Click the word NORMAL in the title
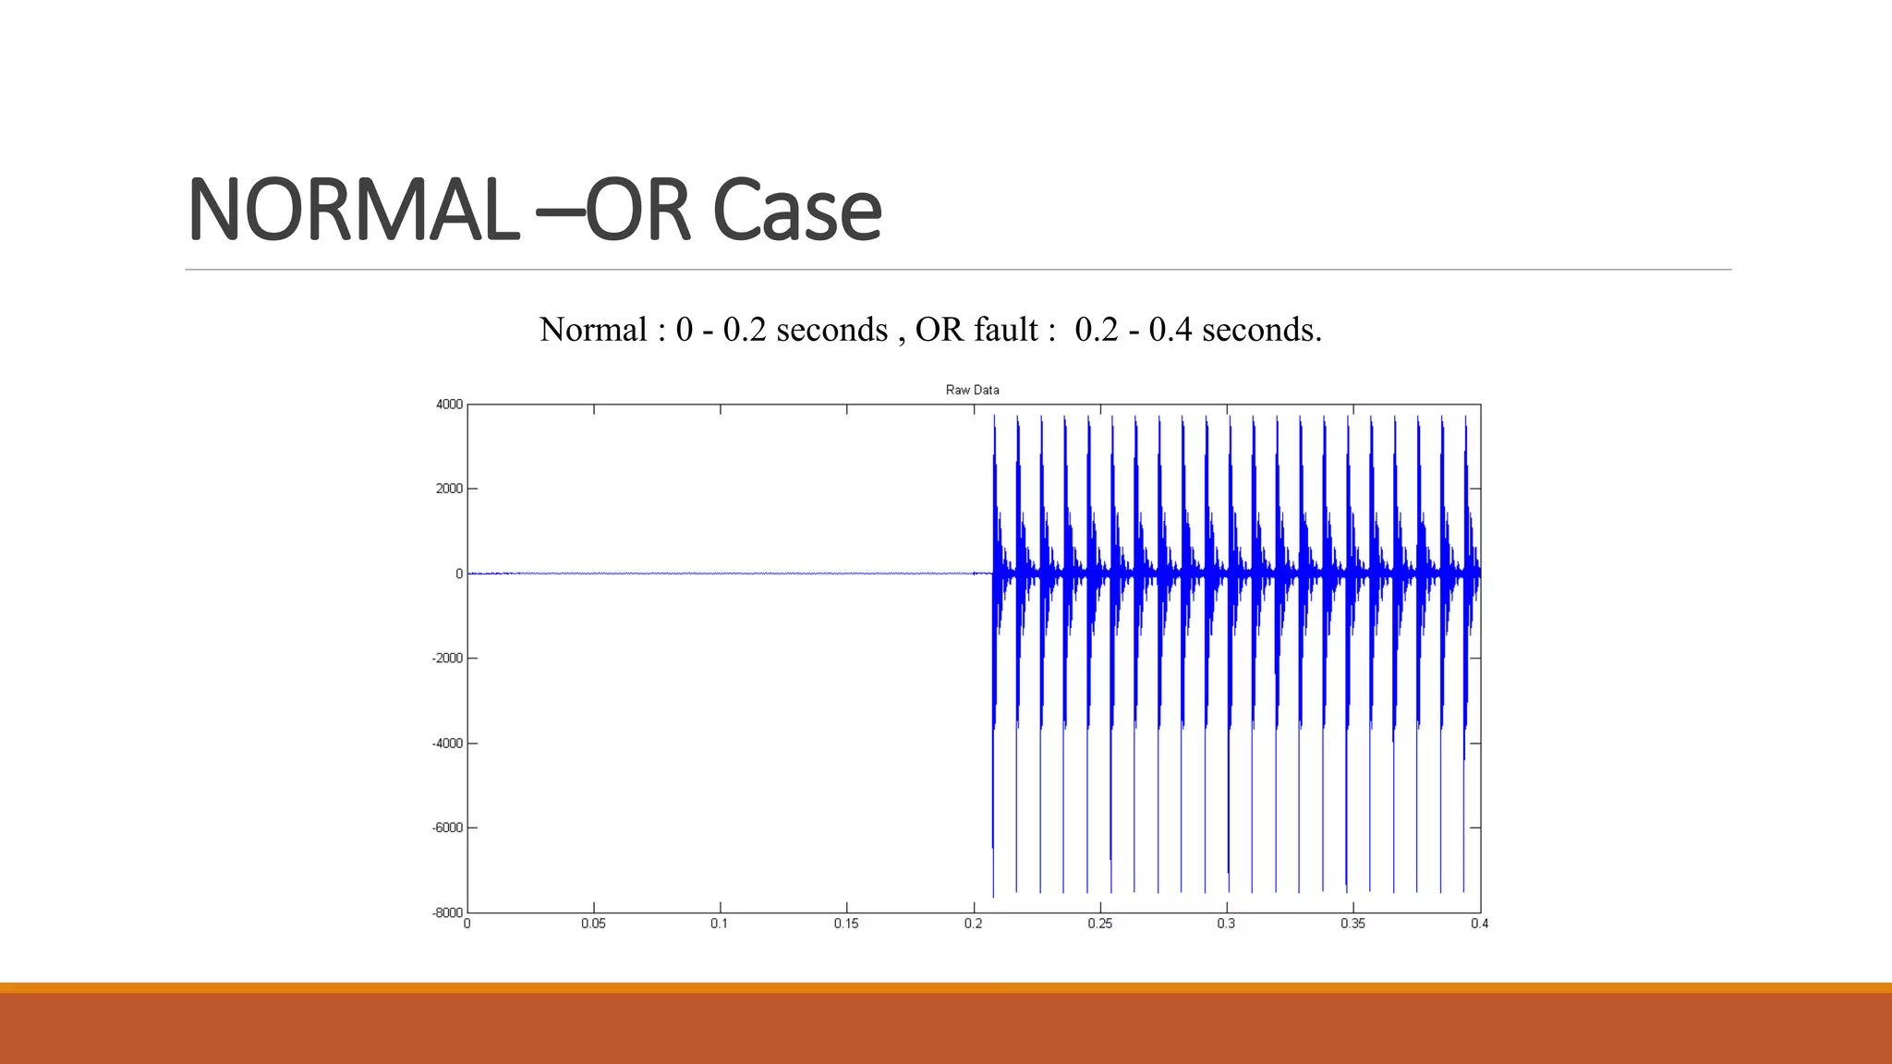pyautogui.click(x=352, y=211)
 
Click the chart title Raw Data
pyautogui.click(x=972, y=390)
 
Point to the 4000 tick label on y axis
pyautogui.click(x=449, y=405)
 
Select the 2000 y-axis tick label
pyautogui.click(x=449, y=489)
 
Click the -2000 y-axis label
pyautogui.click(x=447, y=659)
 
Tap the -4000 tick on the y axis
pyautogui.click(x=447, y=744)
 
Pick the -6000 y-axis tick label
pyautogui.click(x=447, y=828)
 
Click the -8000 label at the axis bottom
pyautogui.click(x=447, y=913)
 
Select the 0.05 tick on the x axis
pyautogui.click(x=593, y=924)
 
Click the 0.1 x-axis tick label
pyautogui.click(x=720, y=924)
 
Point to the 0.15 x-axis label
pyautogui.click(x=846, y=924)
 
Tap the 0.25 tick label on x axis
pyautogui.click(x=1099, y=924)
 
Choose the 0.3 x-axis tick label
pyautogui.click(x=1226, y=924)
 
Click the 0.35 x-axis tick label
pyautogui.click(x=1352, y=924)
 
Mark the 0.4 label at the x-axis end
pyautogui.click(x=1479, y=924)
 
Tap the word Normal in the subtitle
pyautogui.click(x=593, y=330)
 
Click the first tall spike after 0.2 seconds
pyautogui.click(x=994, y=647)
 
